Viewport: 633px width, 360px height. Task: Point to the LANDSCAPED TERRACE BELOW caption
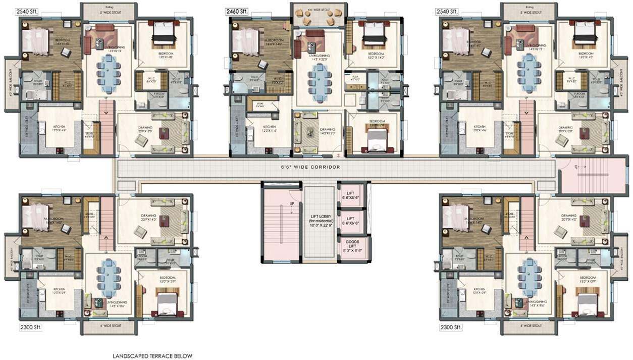[x=152, y=355]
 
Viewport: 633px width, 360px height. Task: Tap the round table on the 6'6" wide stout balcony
[x=318, y=16]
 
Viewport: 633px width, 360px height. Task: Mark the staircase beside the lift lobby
[x=280, y=223]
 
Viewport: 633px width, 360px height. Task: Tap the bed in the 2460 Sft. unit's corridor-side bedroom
[x=374, y=139]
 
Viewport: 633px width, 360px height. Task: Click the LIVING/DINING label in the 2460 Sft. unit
[x=318, y=57]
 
